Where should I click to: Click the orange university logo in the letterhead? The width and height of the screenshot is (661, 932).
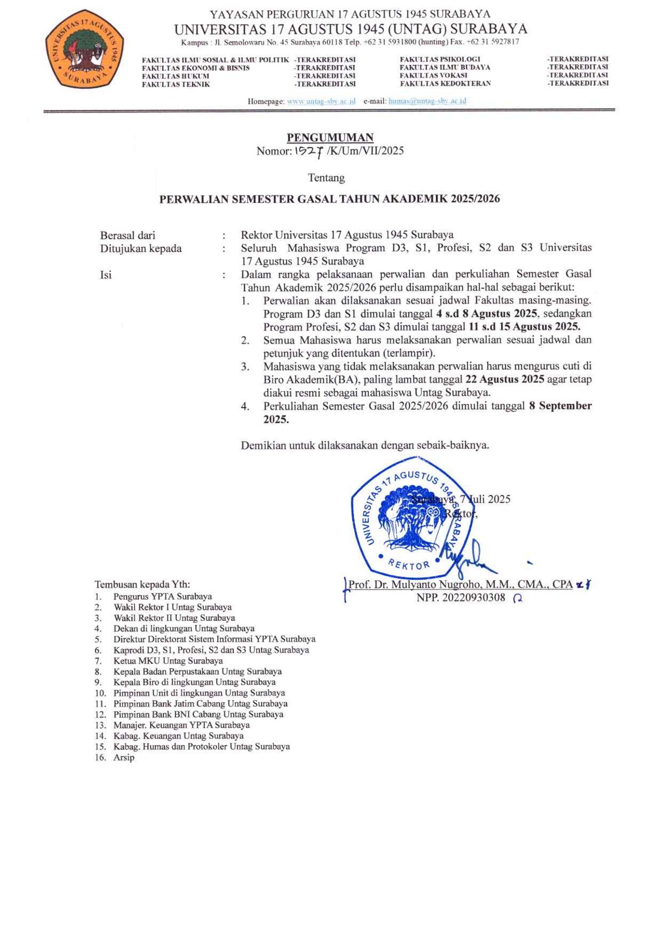(84, 49)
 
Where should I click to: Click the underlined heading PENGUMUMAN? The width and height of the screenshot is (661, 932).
(330, 137)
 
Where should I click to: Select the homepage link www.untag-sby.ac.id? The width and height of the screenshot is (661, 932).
(321, 101)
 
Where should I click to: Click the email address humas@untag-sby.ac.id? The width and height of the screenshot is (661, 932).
(427, 101)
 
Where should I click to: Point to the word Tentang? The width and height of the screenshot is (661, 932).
(326, 178)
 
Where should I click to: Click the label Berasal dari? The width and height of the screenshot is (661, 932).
(128, 235)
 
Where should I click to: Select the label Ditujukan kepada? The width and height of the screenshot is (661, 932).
(141, 249)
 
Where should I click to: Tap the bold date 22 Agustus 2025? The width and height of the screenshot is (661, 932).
(504, 379)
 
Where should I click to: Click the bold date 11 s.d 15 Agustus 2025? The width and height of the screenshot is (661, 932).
(524, 327)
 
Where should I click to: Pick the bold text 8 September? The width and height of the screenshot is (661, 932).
(560, 406)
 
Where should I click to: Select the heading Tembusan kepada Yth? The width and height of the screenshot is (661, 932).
(142, 584)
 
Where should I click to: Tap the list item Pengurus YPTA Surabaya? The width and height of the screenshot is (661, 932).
(162, 596)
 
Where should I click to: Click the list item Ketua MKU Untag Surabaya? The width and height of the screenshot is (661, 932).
(168, 661)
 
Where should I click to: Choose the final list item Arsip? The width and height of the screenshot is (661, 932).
(124, 757)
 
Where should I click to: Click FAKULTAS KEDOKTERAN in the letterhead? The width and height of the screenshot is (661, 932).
(445, 84)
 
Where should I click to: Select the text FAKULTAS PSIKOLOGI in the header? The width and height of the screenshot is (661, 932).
(440, 59)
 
